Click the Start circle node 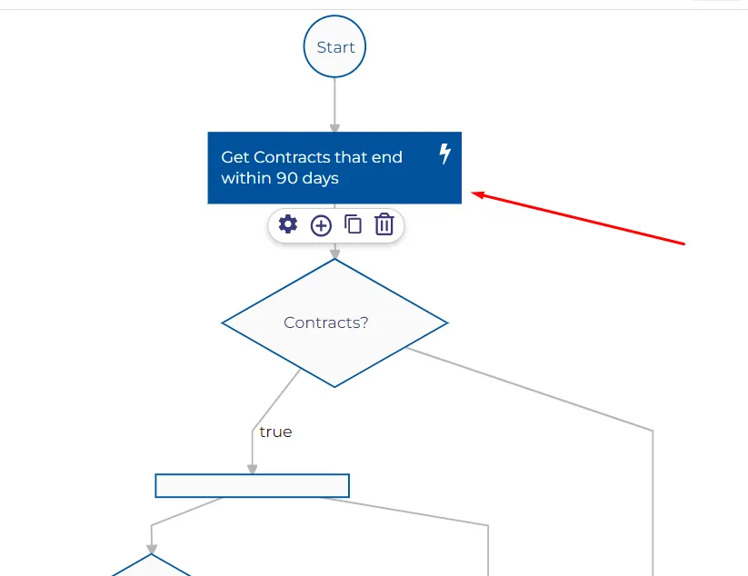pyautogui.click(x=334, y=46)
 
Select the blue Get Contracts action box pyautogui.click(x=334, y=168)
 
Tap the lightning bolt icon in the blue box pyautogui.click(x=444, y=154)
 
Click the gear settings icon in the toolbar pyautogui.click(x=287, y=224)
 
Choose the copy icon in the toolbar pyautogui.click(x=353, y=224)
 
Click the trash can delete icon pyautogui.click(x=384, y=224)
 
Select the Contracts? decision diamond pyautogui.click(x=334, y=323)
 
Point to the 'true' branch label pyautogui.click(x=275, y=432)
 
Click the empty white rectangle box pyautogui.click(x=253, y=485)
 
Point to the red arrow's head pyautogui.click(x=477, y=194)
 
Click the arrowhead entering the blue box pyautogui.click(x=334, y=128)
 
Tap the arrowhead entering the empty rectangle pyautogui.click(x=253, y=469)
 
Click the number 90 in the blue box pyautogui.click(x=287, y=178)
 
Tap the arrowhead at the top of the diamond pyautogui.click(x=334, y=254)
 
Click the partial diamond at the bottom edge pyautogui.click(x=151, y=565)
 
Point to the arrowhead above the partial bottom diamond pyautogui.click(x=151, y=550)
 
